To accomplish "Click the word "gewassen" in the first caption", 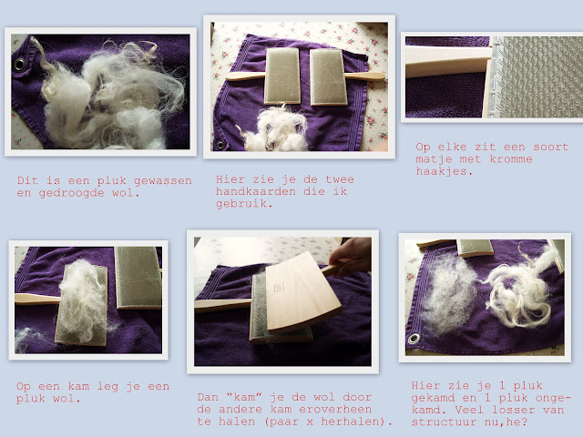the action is [163, 181].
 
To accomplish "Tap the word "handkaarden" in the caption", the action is [256, 191].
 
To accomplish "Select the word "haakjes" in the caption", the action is [445, 171].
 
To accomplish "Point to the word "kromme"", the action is [511, 159].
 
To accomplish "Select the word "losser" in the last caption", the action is [514, 410].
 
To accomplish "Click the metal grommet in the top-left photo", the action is [19, 65].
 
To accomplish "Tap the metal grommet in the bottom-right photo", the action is [414, 339].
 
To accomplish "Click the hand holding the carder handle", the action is [351, 257].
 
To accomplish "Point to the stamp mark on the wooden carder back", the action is [279, 288].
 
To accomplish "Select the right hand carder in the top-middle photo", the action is [347, 77].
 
